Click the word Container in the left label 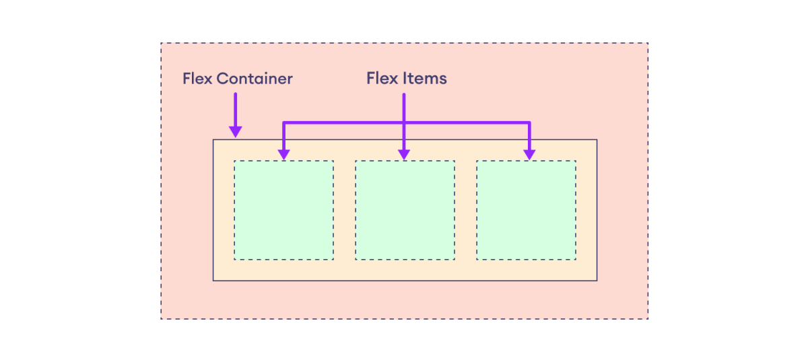[x=254, y=79]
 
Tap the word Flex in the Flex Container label [x=197, y=79]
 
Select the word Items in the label [x=425, y=78]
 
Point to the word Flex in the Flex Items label [x=382, y=78]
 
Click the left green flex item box [x=283, y=210]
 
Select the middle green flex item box [x=405, y=210]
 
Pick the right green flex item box [x=526, y=210]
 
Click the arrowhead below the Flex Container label [x=235, y=131]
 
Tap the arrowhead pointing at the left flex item [x=284, y=154]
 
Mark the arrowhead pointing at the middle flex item [x=404, y=154]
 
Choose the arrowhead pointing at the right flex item [x=529, y=154]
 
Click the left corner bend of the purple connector [x=284, y=123]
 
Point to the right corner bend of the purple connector [x=529, y=123]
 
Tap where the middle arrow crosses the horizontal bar [x=404, y=123]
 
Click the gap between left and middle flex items [x=344, y=210]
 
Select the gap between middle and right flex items [x=465, y=210]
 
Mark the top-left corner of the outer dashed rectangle [x=161, y=44]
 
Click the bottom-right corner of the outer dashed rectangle [x=648, y=318]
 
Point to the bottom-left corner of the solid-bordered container [x=213, y=281]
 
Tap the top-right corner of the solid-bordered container [x=597, y=140]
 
